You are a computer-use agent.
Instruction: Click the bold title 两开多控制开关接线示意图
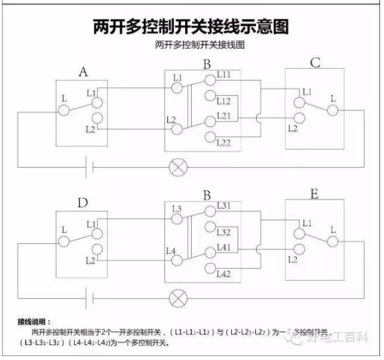point(191,27)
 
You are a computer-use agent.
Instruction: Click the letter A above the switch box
point(83,71)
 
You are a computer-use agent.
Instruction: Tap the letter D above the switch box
point(83,203)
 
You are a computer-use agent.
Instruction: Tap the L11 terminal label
point(223,75)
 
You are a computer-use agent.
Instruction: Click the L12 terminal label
point(223,102)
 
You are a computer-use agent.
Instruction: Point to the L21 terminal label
point(223,115)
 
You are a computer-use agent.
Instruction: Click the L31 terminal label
point(223,206)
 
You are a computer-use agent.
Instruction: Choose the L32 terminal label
point(223,233)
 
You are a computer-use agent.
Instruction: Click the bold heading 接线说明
point(33,322)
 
